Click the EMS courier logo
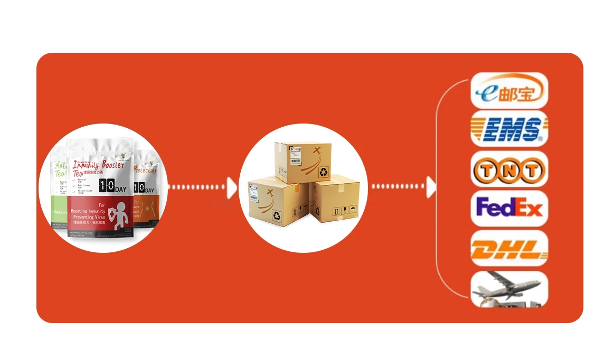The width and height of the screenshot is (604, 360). pyautogui.click(x=509, y=129)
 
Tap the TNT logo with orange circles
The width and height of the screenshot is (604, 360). pyautogui.click(x=509, y=169)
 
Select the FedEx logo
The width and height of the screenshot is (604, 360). pyautogui.click(x=509, y=208)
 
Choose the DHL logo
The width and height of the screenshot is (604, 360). pyautogui.click(x=509, y=248)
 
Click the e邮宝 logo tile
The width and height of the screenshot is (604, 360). pyautogui.click(x=509, y=91)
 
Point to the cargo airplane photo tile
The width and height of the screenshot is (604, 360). pyautogui.click(x=509, y=289)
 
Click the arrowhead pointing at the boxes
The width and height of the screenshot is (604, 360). pyautogui.click(x=231, y=187)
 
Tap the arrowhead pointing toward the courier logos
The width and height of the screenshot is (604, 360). pyautogui.click(x=431, y=186)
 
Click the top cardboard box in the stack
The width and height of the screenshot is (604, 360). pyautogui.click(x=303, y=162)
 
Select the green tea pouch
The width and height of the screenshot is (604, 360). pyautogui.click(x=59, y=195)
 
